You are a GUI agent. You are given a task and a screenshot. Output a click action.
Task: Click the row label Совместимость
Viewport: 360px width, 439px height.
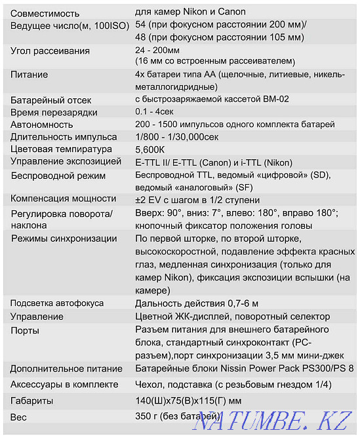tap(45, 13)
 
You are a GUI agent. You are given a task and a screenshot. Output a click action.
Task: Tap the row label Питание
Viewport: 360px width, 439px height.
tap(30, 75)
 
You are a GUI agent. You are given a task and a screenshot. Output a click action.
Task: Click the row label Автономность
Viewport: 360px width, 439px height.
tap(42, 124)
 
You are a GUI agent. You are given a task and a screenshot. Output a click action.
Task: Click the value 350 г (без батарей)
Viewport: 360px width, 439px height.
tap(177, 416)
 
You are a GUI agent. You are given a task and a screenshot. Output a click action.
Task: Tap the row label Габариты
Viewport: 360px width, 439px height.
tap(32, 400)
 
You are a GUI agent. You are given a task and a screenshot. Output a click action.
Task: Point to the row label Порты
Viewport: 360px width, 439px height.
tap(25, 330)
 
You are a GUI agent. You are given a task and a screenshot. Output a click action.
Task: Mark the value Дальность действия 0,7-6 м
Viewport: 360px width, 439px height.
tap(197, 303)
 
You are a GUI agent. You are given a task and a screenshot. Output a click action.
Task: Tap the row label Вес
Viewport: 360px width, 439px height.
tap(20, 416)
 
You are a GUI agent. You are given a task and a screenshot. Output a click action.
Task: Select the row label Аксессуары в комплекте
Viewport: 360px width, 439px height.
tap(65, 385)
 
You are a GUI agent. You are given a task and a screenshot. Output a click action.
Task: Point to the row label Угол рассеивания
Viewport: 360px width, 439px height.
tap(50, 51)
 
